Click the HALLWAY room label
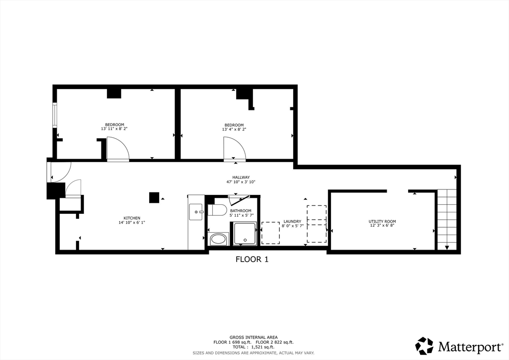click(241, 178)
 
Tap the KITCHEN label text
click(132, 218)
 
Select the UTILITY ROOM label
click(382, 221)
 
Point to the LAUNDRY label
click(292, 221)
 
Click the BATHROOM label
click(241, 211)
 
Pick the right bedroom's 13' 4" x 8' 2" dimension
click(234, 129)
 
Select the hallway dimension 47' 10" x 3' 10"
click(241, 182)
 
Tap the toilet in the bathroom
click(217, 209)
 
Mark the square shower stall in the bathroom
click(245, 233)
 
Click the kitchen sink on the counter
click(196, 212)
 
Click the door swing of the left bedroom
click(118, 149)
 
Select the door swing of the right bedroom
click(234, 149)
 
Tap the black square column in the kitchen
click(155, 197)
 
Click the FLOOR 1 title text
click(252, 259)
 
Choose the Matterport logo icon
click(424, 346)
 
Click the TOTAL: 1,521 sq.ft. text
click(254, 347)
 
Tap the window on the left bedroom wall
click(55, 115)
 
